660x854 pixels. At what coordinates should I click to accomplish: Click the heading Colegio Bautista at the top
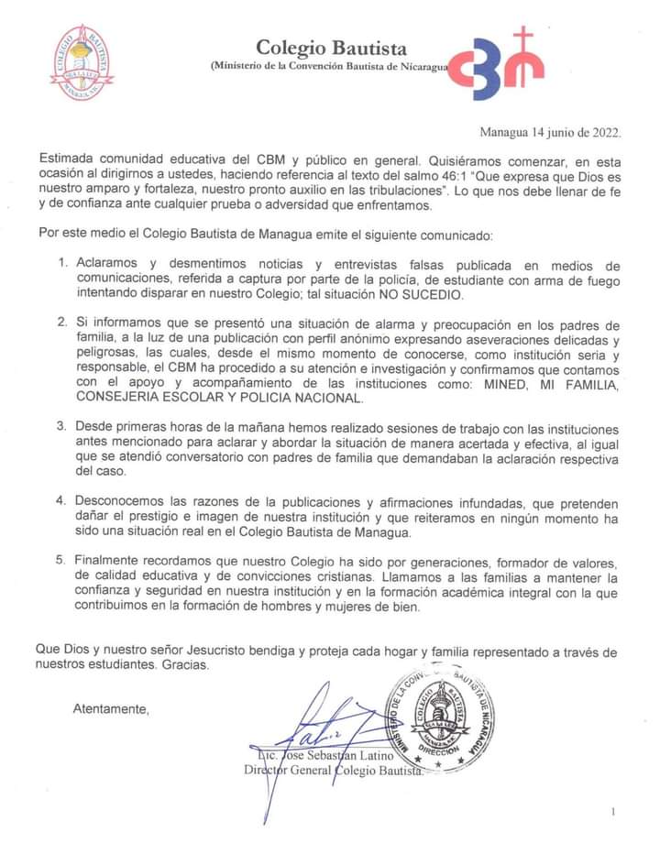click(331, 48)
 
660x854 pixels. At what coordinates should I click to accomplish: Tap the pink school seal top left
click(82, 63)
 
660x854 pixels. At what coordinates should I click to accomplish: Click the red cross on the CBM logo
click(524, 42)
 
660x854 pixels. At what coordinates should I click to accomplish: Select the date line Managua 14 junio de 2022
click(551, 132)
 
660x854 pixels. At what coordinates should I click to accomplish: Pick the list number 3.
click(63, 427)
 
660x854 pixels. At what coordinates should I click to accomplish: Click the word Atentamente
click(111, 709)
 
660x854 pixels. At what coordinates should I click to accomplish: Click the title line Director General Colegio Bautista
click(334, 771)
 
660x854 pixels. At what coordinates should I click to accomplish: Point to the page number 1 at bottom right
click(613, 812)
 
